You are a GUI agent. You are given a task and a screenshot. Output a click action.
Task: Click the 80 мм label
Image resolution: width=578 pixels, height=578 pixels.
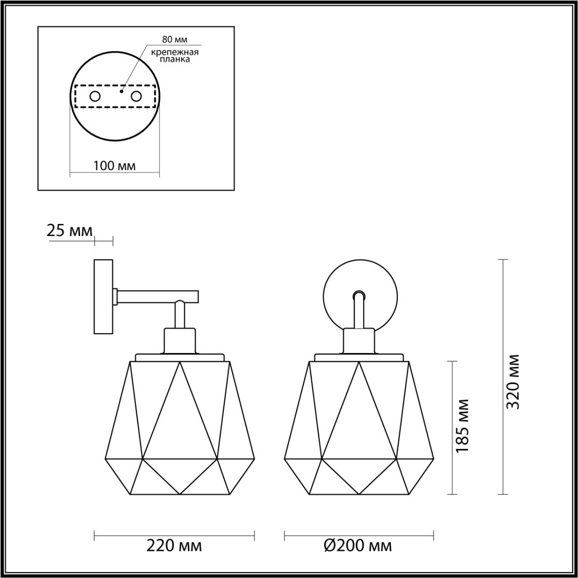(175, 39)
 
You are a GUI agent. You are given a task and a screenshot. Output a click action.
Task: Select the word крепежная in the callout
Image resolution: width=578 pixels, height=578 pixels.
(175, 52)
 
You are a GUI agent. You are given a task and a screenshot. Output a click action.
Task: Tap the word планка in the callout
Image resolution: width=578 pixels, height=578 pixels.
(175, 60)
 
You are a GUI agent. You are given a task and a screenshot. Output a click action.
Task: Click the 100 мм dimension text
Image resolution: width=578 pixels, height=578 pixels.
(114, 166)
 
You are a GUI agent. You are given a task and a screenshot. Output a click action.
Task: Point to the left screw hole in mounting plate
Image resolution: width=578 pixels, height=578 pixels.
(95, 96)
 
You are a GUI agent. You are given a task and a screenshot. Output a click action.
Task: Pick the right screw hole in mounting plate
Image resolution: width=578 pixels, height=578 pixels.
(136, 96)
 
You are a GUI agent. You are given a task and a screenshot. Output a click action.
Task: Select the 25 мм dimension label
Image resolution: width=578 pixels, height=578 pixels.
(70, 231)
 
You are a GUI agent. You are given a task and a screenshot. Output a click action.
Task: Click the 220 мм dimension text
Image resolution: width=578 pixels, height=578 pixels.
(174, 546)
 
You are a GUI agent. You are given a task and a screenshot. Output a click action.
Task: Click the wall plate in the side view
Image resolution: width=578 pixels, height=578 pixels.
(103, 296)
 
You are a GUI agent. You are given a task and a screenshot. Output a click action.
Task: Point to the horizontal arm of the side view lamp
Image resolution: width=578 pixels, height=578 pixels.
(158, 296)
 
